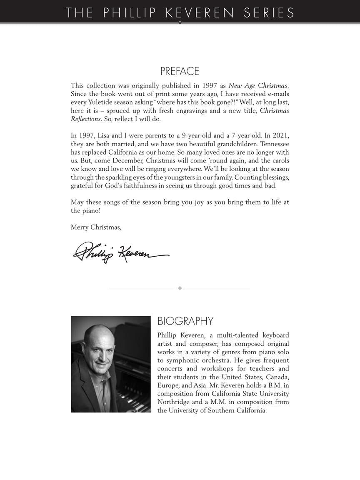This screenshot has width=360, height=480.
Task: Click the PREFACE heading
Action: (180, 71)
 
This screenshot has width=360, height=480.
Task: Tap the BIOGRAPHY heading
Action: (185, 321)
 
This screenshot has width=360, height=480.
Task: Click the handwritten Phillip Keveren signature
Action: (120, 252)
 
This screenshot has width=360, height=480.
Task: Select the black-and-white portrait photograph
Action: (111, 364)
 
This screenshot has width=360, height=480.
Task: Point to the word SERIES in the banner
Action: (269, 12)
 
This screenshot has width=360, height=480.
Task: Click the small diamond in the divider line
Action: (180, 288)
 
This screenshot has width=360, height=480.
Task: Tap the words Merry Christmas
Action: (96, 227)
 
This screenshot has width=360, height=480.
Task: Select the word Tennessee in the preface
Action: (275, 144)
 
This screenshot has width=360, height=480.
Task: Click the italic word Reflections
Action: (85, 119)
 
